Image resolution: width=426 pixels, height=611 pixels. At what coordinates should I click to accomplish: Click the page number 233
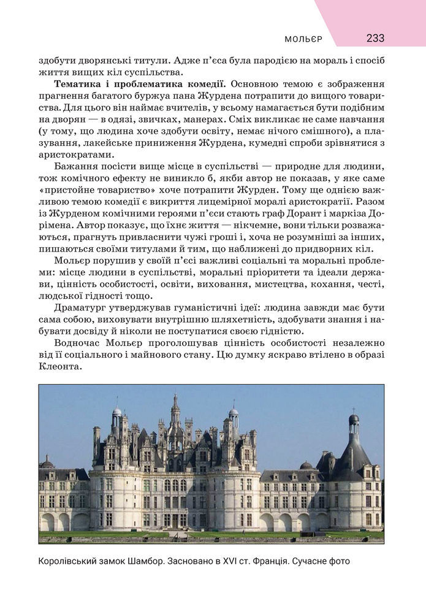pos(375,38)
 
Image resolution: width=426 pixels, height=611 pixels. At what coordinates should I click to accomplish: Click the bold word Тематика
pos(77,83)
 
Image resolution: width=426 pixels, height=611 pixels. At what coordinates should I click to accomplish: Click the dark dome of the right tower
pos(354,420)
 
